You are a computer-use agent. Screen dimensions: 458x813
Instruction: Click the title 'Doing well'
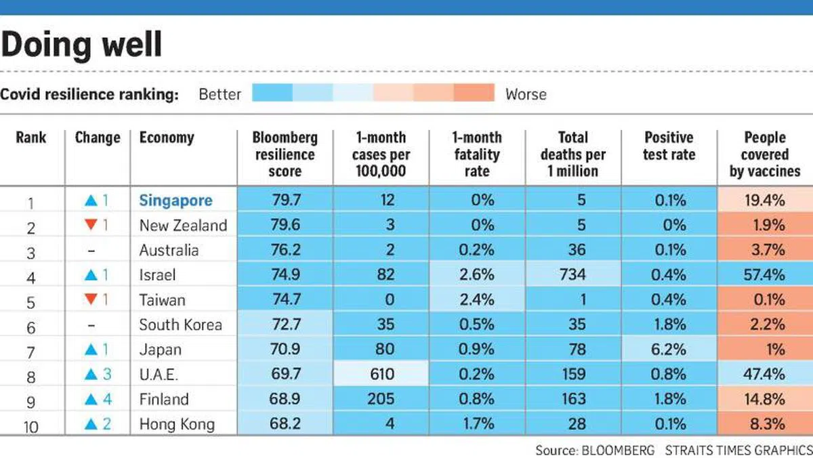click(x=81, y=44)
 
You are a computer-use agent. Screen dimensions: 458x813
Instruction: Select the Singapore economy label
click(x=175, y=201)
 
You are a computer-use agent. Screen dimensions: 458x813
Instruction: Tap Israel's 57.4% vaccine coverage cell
click(x=765, y=275)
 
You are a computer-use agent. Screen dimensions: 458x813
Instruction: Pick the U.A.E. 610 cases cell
click(x=381, y=375)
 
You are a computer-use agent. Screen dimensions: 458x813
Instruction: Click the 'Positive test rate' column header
click(x=669, y=146)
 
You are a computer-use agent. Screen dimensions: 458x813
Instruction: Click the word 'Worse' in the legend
click(x=526, y=94)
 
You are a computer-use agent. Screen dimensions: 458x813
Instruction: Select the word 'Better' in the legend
click(x=220, y=94)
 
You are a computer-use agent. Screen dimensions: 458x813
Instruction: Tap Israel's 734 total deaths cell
click(x=572, y=275)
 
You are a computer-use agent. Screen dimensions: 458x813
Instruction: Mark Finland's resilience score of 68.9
click(x=285, y=399)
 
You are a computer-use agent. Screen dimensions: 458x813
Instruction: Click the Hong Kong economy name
click(x=177, y=424)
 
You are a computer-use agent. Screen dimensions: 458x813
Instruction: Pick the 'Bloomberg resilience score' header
click(x=285, y=154)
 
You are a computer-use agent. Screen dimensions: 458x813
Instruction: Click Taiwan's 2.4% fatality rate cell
click(x=476, y=300)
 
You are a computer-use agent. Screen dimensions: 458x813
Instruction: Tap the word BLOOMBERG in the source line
click(x=617, y=450)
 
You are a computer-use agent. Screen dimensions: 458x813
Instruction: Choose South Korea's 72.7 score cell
click(x=285, y=325)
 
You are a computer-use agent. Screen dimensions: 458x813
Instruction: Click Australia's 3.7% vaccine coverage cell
click(x=765, y=250)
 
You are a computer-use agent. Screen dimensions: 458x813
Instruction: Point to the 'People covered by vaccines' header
click(x=765, y=154)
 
